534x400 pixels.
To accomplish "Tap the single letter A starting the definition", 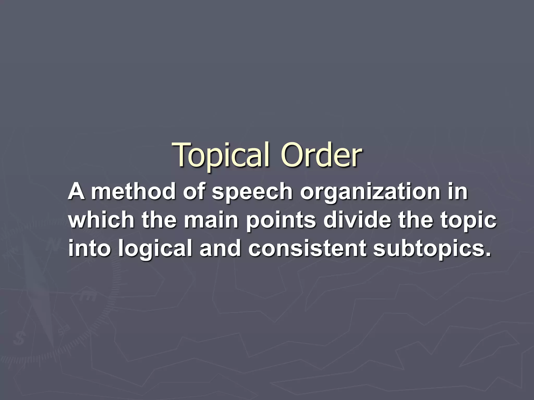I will (x=76, y=191).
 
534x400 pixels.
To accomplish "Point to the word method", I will (x=133, y=191).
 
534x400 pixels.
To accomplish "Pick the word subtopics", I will (x=430, y=249).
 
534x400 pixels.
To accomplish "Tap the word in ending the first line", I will (x=458, y=191).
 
